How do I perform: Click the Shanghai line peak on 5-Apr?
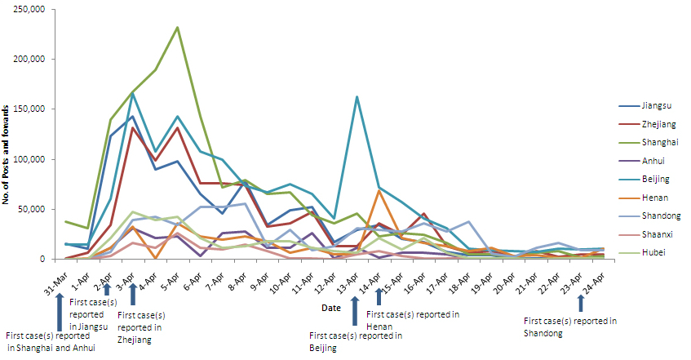tap(178, 27)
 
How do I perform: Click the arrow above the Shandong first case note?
tap(580, 303)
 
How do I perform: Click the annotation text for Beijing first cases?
tap(356, 341)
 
